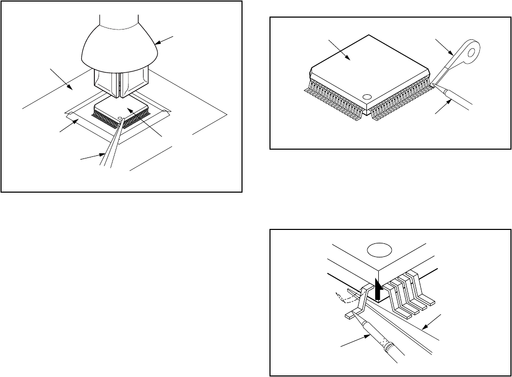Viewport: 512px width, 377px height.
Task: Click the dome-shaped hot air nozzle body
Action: tap(119, 49)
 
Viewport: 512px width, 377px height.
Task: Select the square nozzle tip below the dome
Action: tap(120, 83)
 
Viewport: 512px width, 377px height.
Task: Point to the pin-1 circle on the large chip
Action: tap(367, 97)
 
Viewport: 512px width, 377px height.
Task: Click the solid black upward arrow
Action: tap(378, 291)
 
